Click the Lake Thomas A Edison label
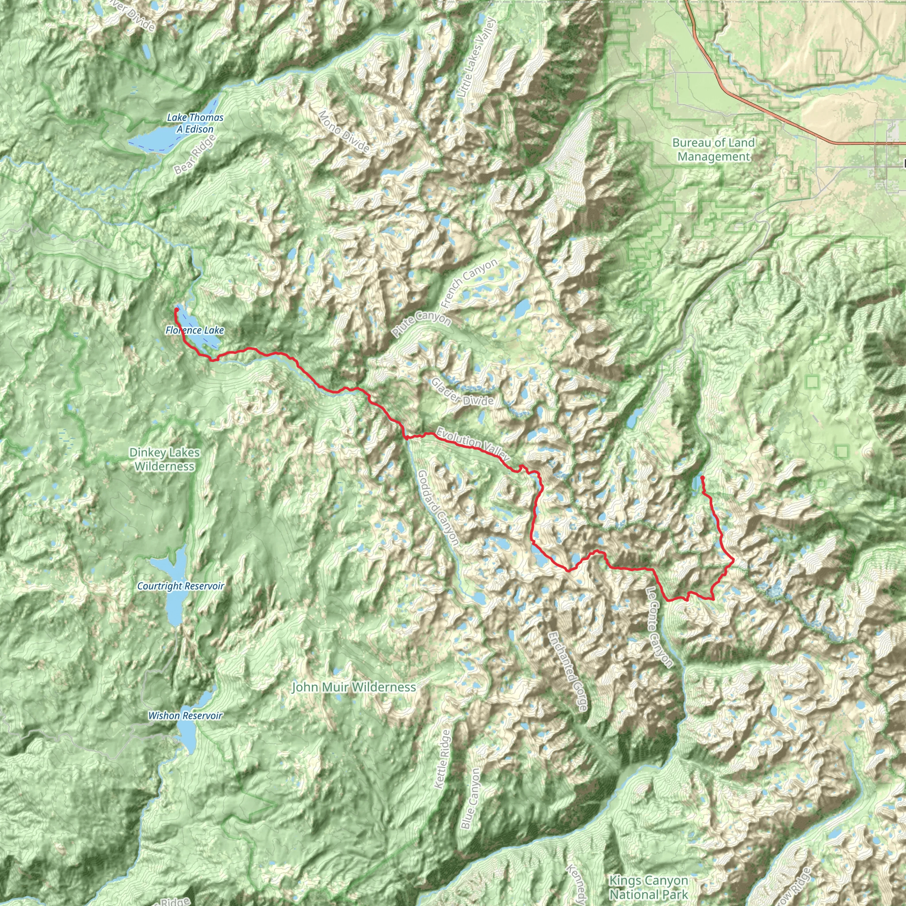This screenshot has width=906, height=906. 195,123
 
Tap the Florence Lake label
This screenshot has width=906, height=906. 195,330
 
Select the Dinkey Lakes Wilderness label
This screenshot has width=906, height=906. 164,459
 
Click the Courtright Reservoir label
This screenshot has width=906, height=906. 180,586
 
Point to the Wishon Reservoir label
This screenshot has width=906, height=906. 185,716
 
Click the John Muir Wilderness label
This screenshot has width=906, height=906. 353,687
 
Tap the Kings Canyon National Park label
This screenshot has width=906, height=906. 649,887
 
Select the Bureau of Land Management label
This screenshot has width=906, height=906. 713,150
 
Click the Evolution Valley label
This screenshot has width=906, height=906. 472,444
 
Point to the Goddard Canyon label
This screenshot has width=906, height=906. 438,508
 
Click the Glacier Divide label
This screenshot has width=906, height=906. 462,392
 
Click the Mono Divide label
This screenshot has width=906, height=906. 344,132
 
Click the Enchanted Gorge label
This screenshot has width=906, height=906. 568,671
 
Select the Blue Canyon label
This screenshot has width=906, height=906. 470,798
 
